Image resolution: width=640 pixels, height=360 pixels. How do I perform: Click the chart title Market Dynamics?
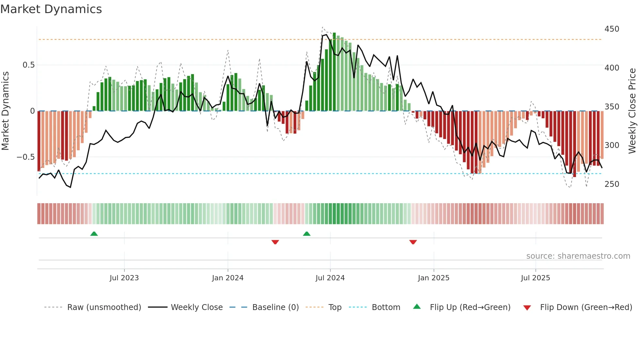(51, 9)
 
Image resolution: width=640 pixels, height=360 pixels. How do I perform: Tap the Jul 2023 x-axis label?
(124, 278)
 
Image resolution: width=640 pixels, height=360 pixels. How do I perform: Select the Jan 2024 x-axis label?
(228, 278)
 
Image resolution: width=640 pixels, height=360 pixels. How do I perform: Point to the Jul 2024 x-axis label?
(330, 278)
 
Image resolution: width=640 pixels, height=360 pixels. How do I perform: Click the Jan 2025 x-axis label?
(434, 278)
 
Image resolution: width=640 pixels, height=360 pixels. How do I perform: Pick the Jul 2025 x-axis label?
(536, 278)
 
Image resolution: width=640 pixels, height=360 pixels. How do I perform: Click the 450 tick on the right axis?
(612, 29)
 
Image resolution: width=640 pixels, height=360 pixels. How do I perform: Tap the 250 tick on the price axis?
(612, 184)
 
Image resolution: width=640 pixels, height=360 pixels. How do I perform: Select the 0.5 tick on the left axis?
(29, 65)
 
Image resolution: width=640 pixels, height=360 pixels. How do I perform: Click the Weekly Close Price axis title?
(632, 111)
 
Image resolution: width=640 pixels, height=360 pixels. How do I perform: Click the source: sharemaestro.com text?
(578, 256)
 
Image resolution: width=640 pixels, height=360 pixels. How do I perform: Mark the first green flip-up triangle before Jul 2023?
(94, 234)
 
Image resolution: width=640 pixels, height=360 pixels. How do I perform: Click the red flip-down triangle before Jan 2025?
(413, 242)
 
